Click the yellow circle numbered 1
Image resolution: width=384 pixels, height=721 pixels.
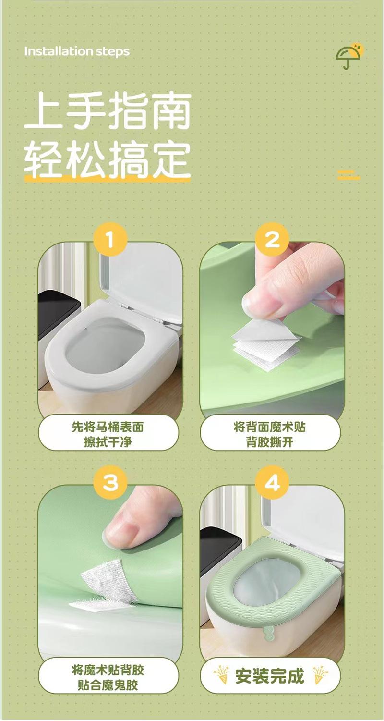point(110,240)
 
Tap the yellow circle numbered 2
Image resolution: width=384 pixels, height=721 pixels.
point(272,240)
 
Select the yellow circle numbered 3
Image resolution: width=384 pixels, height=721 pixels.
point(110,482)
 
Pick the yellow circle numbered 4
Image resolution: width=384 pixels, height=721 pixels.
point(272,482)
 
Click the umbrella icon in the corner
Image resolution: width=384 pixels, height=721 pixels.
point(349,55)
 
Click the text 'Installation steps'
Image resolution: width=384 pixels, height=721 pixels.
point(77,51)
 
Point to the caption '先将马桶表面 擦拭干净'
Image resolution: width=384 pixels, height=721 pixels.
point(108,435)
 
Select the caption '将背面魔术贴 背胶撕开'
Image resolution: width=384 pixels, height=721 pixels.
point(269,435)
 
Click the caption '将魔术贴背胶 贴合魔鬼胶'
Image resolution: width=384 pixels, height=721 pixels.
point(108,677)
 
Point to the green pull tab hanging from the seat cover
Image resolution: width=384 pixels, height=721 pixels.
point(267,634)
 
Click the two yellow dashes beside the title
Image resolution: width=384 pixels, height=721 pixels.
point(348,174)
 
